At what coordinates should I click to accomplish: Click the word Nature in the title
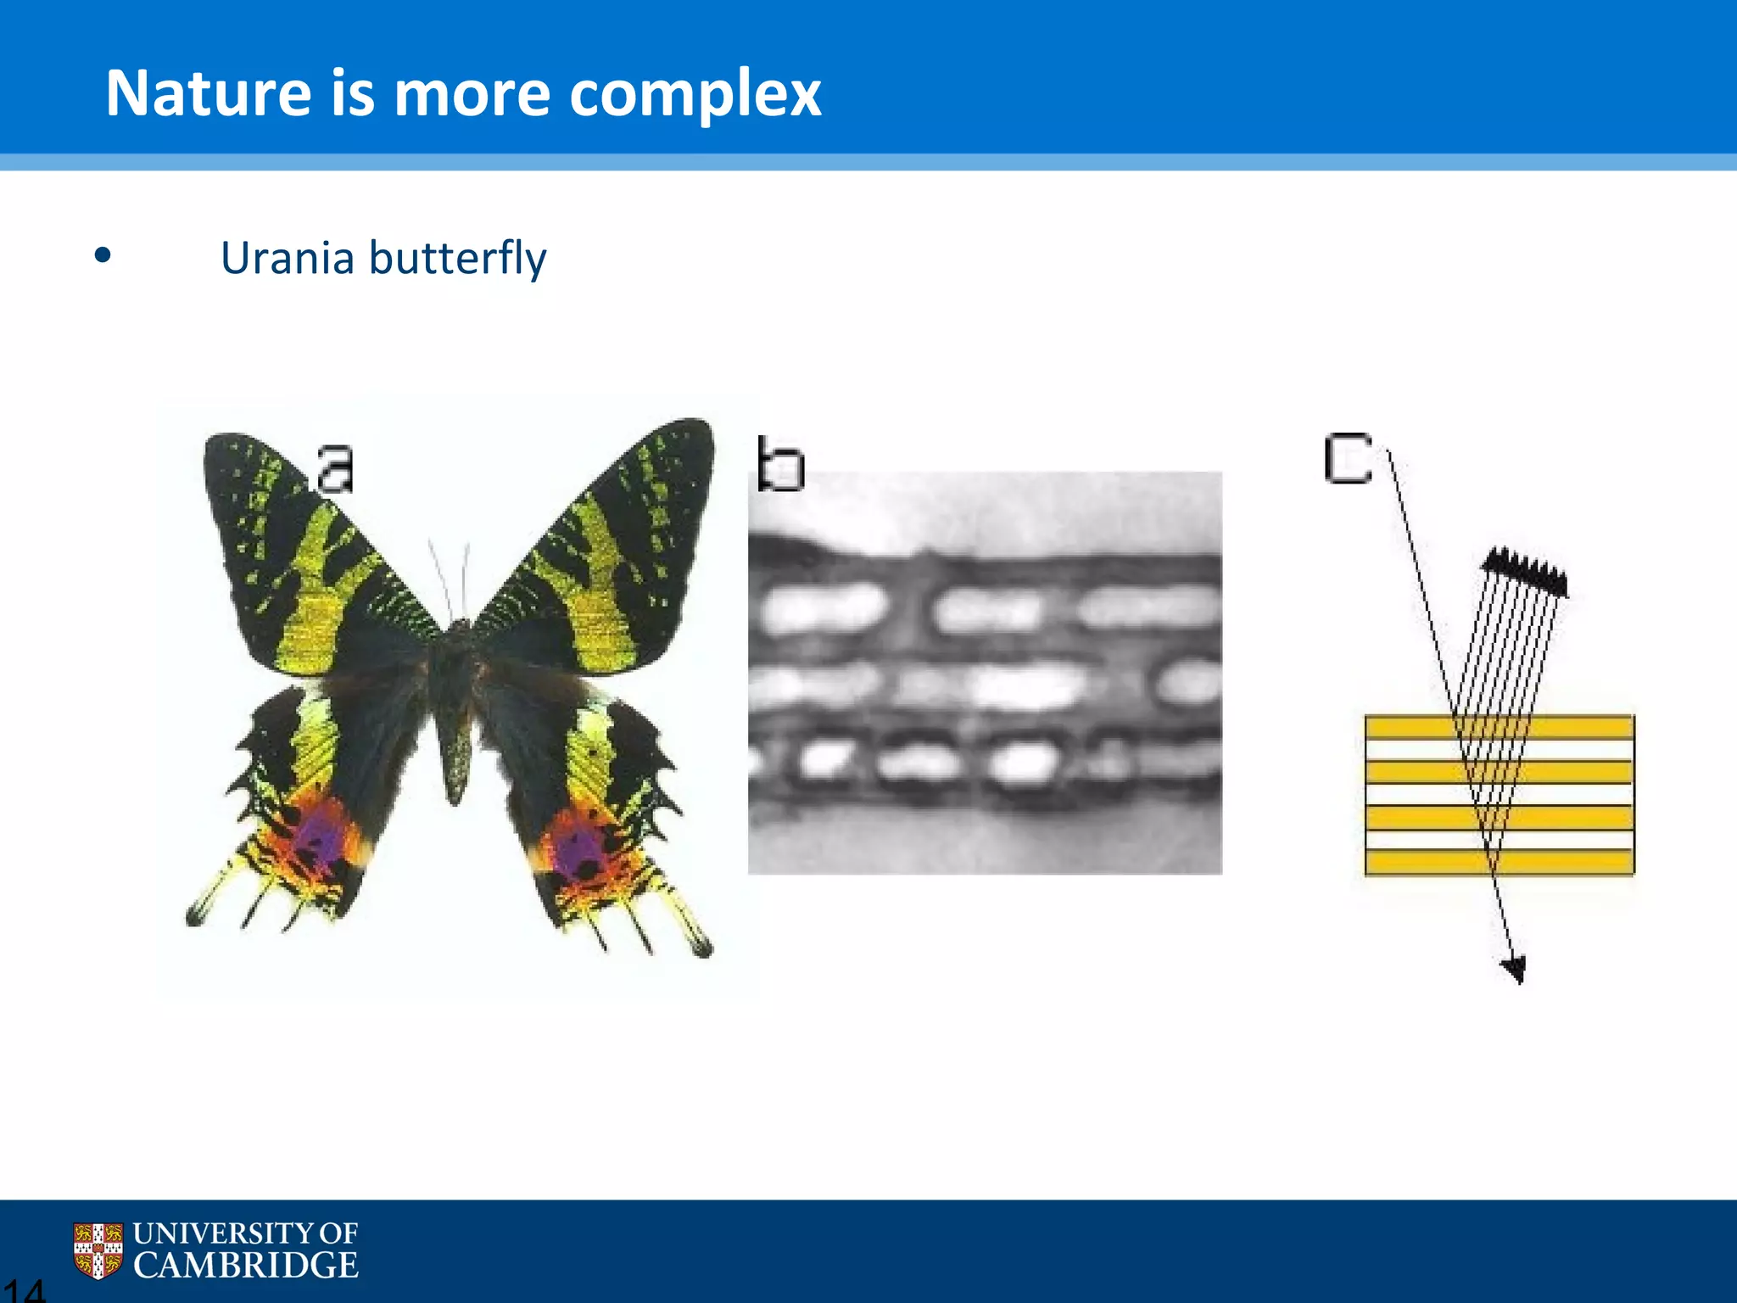point(209,93)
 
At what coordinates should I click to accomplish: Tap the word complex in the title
point(695,95)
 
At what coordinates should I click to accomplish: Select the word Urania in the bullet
point(287,258)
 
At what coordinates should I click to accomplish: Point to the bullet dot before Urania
point(103,255)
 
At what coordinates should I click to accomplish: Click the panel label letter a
point(335,467)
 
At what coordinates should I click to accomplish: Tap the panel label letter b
point(780,465)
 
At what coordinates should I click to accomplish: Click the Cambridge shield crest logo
point(98,1250)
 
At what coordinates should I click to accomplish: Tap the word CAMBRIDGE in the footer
point(246,1266)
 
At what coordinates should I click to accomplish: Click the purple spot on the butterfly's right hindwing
point(579,850)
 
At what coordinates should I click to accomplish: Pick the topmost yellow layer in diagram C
point(1499,727)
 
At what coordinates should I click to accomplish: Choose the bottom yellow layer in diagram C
point(1499,862)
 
